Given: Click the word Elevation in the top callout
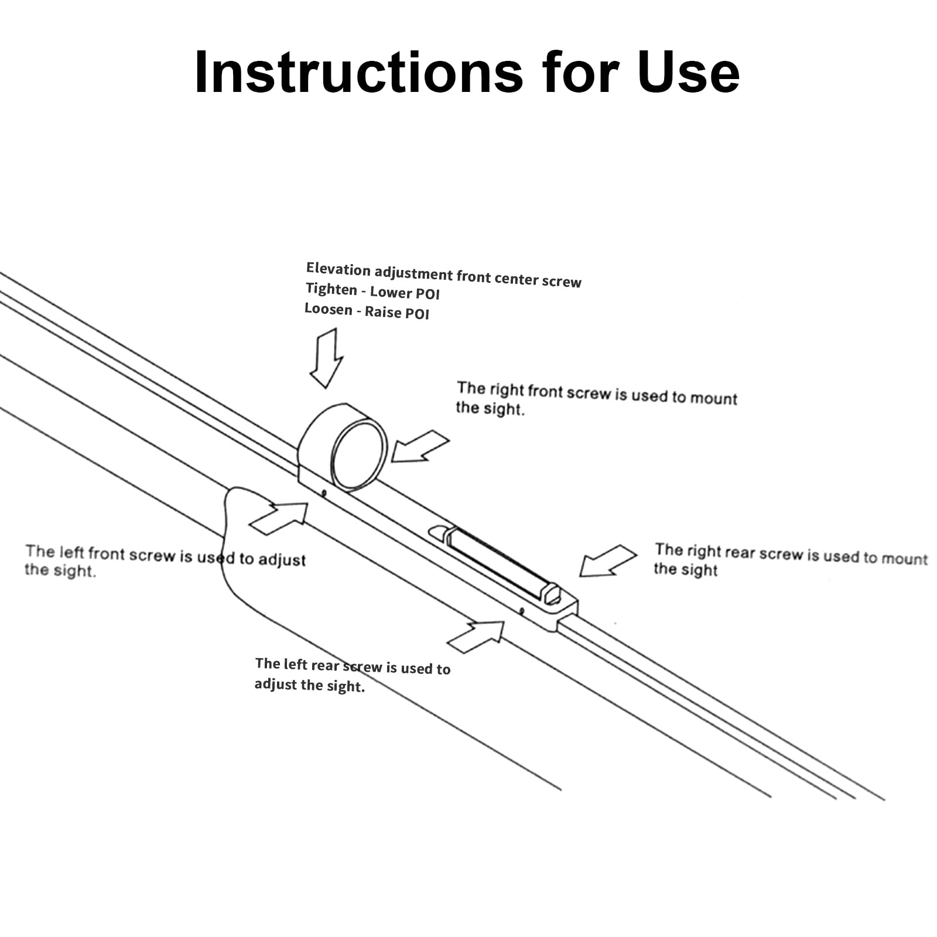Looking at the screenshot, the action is coord(338,269).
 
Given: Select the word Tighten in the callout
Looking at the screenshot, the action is coord(331,289).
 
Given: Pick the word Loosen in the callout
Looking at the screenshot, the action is coord(328,309).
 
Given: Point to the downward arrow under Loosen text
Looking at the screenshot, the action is coord(327,358).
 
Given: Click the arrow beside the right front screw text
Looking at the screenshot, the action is coord(419,446).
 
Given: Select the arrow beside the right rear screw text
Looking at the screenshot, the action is coord(608,560).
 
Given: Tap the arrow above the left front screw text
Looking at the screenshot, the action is coord(279,518).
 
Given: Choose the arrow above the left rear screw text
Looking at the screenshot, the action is coord(476,637).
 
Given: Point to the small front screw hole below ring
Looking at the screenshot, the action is coord(324,494).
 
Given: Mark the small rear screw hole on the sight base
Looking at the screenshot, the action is coord(521,611).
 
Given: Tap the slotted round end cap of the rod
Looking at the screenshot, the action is coord(551,594).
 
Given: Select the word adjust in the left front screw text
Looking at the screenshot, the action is coord(282,559).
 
